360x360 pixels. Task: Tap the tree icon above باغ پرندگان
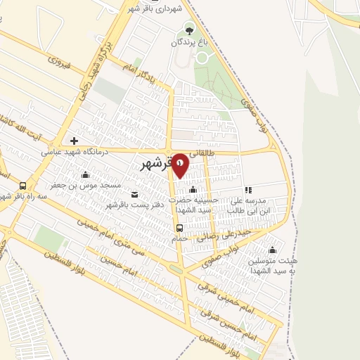[x=188, y=30]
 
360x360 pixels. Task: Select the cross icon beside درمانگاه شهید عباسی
[x=74, y=141]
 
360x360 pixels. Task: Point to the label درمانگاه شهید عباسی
[x=74, y=150]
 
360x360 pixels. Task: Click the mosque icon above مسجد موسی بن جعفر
[x=86, y=175]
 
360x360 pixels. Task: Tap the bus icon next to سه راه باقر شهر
[x=23, y=186]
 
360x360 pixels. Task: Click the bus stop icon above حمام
[x=180, y=228]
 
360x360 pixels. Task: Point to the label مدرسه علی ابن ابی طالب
[x=250, y=205]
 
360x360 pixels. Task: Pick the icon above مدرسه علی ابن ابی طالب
[x=247, y=189]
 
